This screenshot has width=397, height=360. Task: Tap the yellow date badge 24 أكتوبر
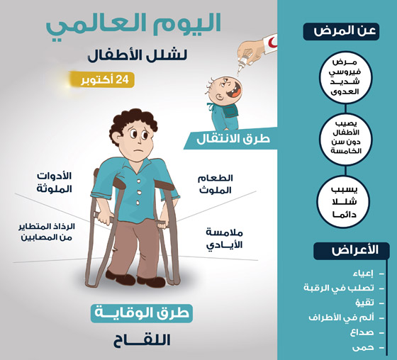[101, 79]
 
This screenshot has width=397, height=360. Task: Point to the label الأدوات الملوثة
[53, 182]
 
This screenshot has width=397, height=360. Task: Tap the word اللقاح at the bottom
[142, 340]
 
